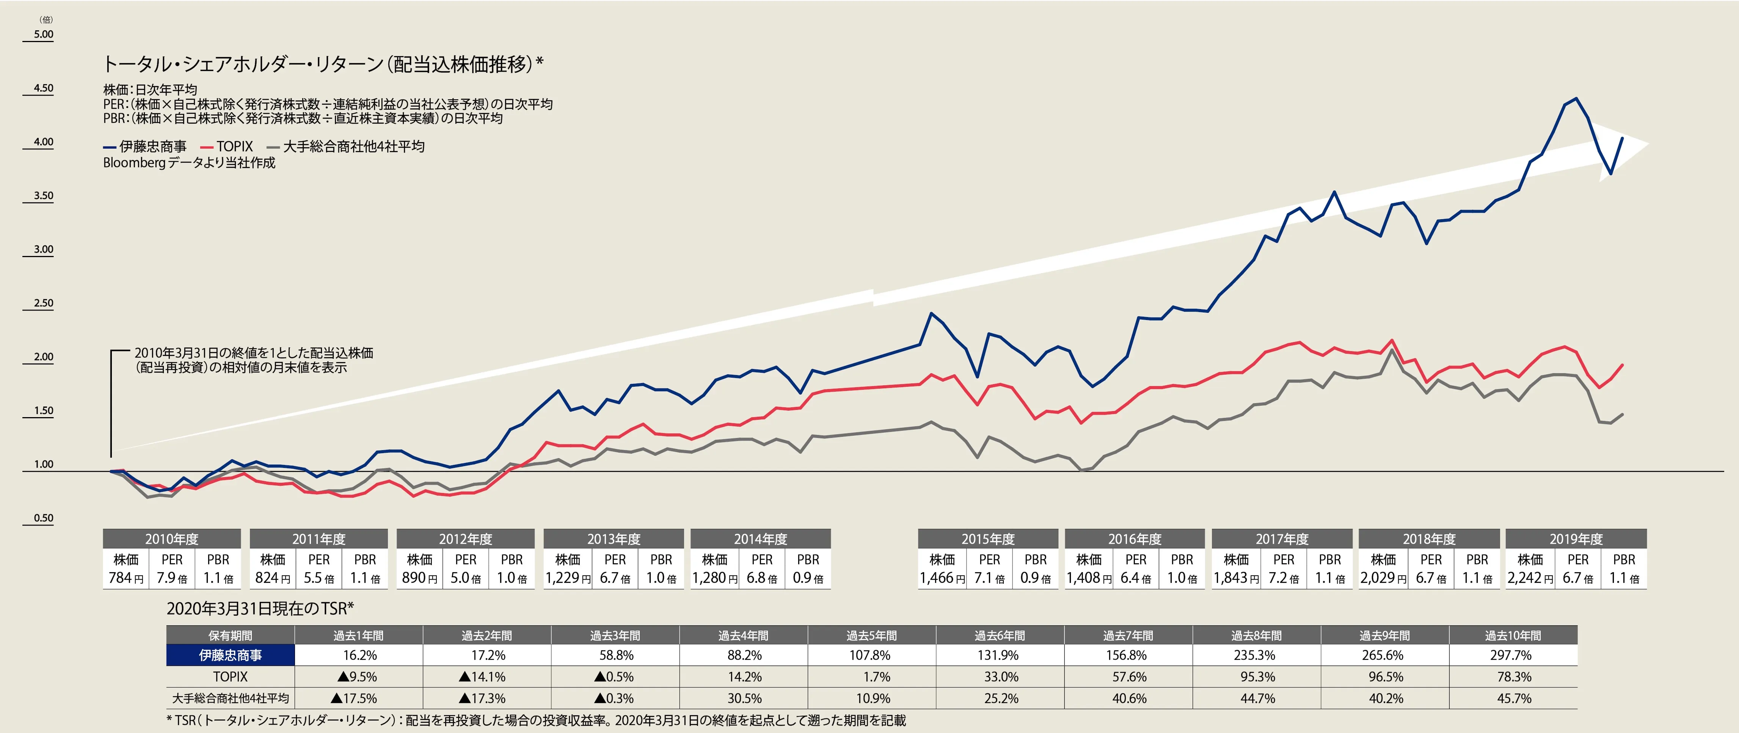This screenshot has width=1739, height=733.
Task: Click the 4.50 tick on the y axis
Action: tap(43, 88)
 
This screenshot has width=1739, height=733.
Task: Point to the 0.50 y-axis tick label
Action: tap(43, 518)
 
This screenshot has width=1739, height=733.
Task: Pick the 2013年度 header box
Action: tap(613, 538)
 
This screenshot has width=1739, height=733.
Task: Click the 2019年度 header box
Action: tap(1576, 538)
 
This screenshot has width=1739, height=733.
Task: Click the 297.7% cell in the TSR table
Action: tap(1513, 655)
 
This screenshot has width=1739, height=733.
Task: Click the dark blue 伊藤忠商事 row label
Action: tap(230, 655)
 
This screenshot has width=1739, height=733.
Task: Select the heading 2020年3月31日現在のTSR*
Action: tap(260, 608)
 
